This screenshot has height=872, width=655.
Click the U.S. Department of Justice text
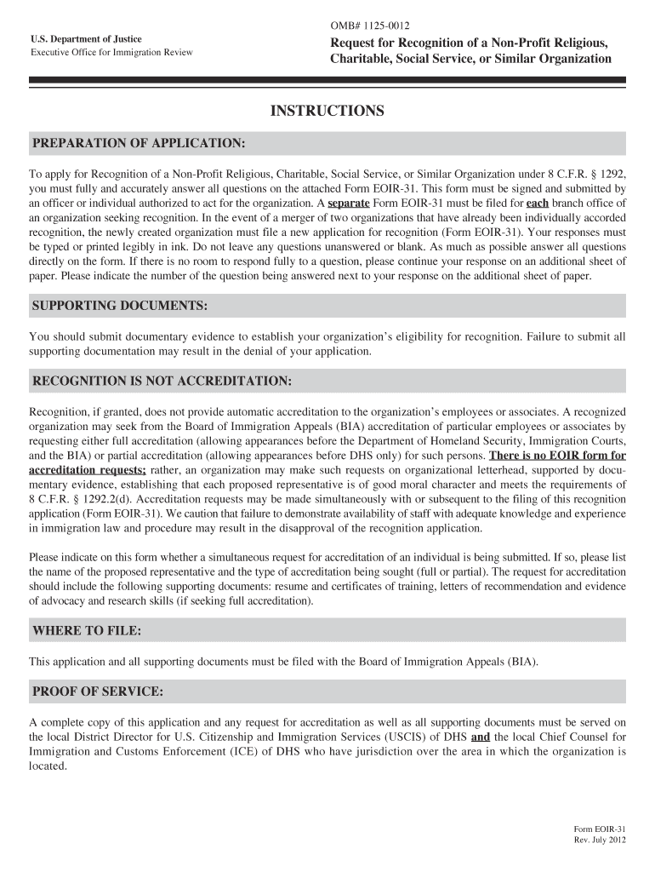(x=86, y=39)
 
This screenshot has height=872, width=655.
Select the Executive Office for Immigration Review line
(x=111, y=53)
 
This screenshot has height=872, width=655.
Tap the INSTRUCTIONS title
(x=327, y=112)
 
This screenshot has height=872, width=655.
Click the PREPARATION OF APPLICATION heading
(x=139, y=142)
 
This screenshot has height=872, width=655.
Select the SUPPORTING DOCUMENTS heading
(x=119, y=306)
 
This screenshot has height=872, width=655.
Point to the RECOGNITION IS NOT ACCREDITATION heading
(x=162, y=380)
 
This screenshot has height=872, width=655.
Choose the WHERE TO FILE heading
(x=86, y=630)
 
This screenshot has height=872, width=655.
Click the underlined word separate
(x=349, y=204)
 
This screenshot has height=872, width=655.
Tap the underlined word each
(x=538, y=204)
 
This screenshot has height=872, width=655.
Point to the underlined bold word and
(x=481, y=737)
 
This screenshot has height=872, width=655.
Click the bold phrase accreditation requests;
(x=88, y=471)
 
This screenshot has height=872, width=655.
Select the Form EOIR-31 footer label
(x=600, y=829)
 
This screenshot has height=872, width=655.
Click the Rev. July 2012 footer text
(x=600, y=841)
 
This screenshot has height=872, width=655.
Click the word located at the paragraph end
(x=48, y=766)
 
